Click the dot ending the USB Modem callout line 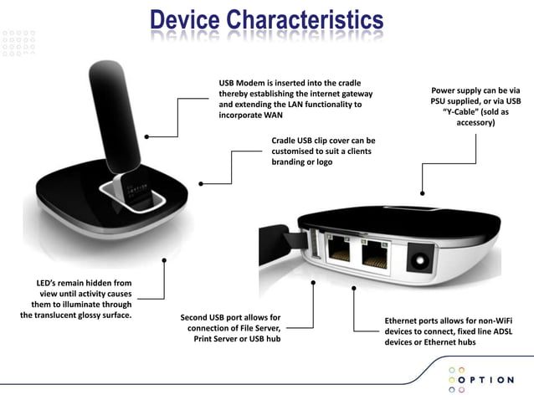pos(147,136)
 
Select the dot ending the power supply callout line pos(423,191)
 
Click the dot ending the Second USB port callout pos(313,284)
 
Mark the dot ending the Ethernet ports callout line pos(355,288)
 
